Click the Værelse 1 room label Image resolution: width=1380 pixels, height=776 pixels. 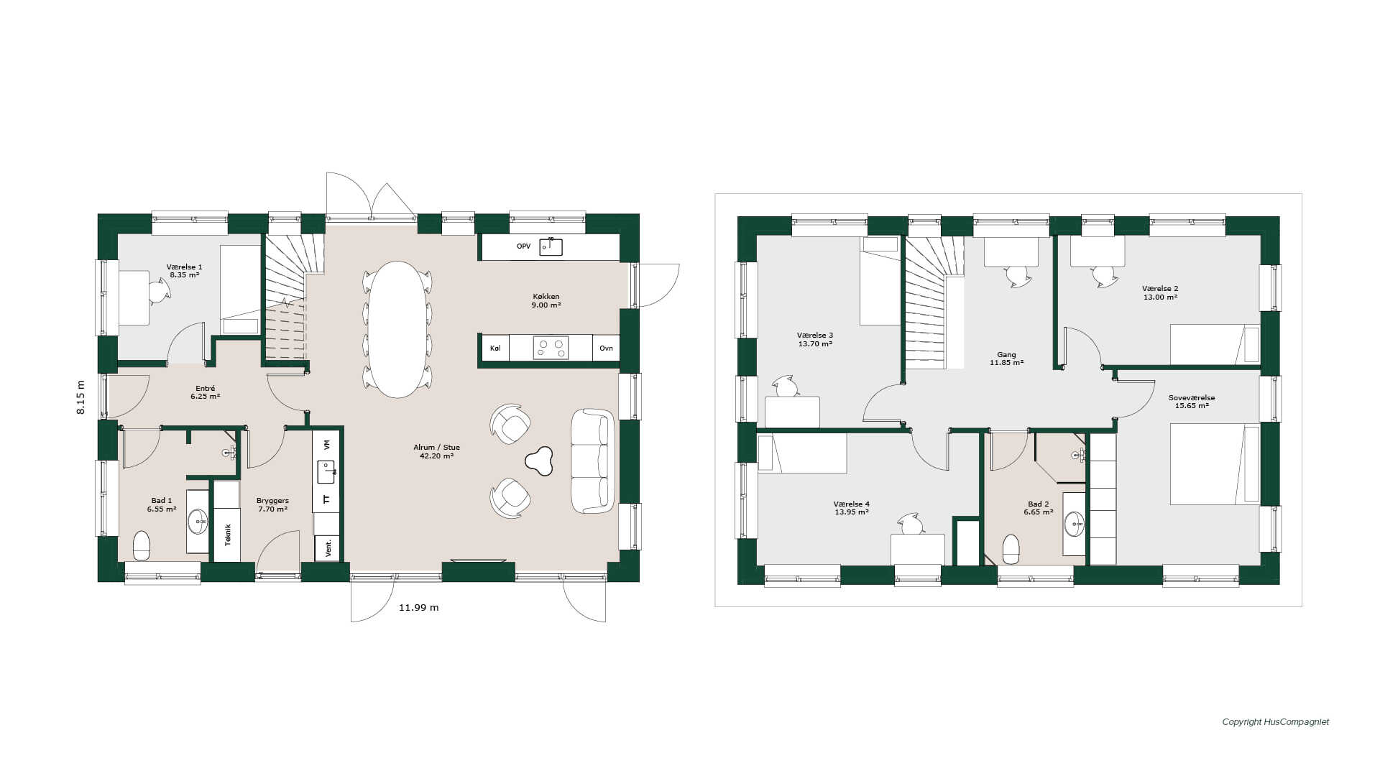tap(185, 271)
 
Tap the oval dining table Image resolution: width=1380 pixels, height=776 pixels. tap(397, 329)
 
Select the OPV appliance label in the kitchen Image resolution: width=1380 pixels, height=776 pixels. tap(523, 246)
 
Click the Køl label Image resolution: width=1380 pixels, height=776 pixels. tap(495, 348)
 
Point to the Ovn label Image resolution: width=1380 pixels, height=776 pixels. tap(607, 348)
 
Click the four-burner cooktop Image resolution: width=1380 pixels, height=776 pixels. tap(551, 348)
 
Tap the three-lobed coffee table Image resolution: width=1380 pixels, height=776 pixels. tap(538, 461)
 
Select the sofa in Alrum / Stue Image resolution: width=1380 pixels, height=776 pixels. tap(593, 461)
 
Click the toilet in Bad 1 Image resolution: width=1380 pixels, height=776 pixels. tap(142, 545)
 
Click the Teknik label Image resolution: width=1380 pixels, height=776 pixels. tap(228, 535)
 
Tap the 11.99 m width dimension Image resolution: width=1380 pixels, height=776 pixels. tap(418, 607)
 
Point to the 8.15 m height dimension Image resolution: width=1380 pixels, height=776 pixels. tap(80, 397)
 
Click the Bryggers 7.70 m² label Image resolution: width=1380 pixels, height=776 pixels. tap(272, 504)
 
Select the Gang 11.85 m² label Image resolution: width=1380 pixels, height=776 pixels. tap(1006, 359)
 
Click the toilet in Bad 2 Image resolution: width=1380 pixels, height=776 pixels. tap(1011, 549)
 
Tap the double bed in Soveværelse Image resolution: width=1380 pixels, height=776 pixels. tap(1215, 464)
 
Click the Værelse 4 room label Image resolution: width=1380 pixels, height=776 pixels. tap(852, 508)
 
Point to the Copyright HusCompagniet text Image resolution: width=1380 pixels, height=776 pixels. tap(1276, 722)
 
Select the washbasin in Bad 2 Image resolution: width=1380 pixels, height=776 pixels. tap(1075, 524)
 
